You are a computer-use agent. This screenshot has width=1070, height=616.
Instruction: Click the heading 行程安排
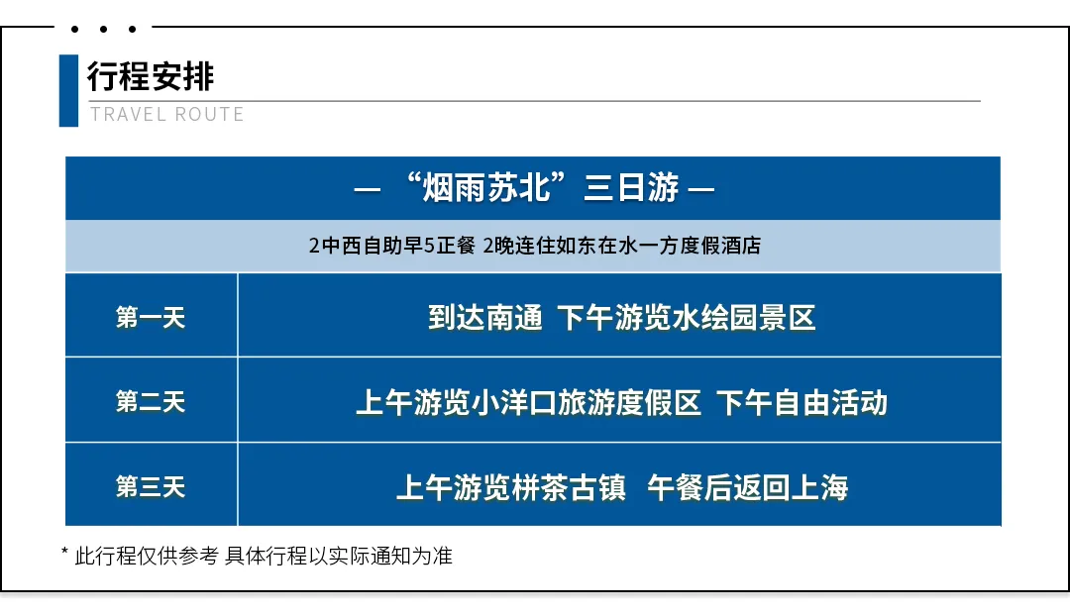tap(151, 75)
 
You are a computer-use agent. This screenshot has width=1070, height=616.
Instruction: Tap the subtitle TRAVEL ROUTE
tap(166, 114)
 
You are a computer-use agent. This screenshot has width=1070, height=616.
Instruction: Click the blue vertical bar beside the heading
tap(68, 91)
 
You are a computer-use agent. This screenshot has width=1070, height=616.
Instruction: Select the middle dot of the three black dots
tap(103, 29)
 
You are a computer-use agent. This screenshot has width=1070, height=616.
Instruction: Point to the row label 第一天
tap(151, 317)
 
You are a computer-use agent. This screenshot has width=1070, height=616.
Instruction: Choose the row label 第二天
tap(151, 402)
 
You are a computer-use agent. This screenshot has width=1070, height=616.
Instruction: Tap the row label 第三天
tap(151, 487)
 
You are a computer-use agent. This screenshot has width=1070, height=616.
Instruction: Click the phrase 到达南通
tap(485, 318)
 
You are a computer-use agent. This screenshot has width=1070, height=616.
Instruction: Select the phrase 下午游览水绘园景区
tap(687, 318)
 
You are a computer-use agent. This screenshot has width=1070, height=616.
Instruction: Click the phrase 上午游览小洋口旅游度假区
tap(528, 402)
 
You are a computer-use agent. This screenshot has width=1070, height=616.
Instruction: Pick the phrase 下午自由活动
tap(802, 402)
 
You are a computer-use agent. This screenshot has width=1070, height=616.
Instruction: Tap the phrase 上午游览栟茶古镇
tap(510, 488)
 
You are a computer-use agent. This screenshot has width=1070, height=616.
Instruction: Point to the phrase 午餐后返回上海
tap(747, 488)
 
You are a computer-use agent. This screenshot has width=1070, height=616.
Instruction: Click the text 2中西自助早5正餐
tap(391, 246)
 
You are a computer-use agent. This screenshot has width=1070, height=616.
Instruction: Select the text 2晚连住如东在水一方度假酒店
tap(621, 246)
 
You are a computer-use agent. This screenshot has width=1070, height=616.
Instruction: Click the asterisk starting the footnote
tap(64, 552)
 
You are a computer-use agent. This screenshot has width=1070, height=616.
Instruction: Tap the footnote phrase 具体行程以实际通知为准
tap(339, 556)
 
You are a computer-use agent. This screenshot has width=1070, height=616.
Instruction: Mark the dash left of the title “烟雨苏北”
tap(368, 189)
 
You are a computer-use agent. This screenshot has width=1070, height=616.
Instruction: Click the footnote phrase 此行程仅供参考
tap(146, 556)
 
